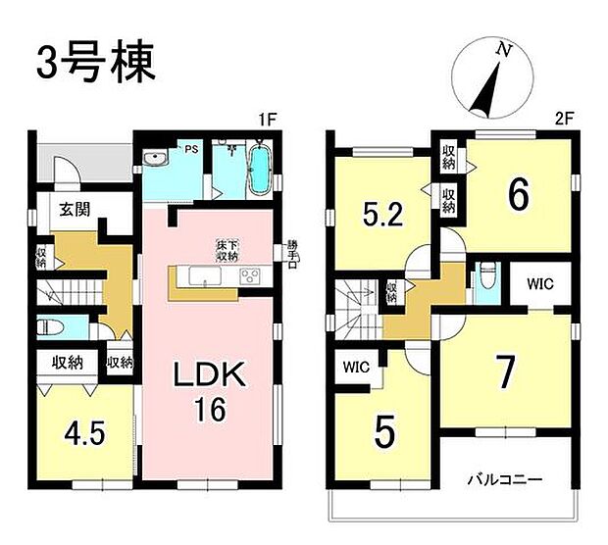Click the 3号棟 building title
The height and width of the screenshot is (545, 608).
[95, 64]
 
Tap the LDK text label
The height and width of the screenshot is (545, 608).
[208, 375]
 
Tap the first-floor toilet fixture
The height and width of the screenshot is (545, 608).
[49, 327]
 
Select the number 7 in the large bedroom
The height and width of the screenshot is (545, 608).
[503, 372]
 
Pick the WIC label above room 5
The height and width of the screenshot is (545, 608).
[356, 369]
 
